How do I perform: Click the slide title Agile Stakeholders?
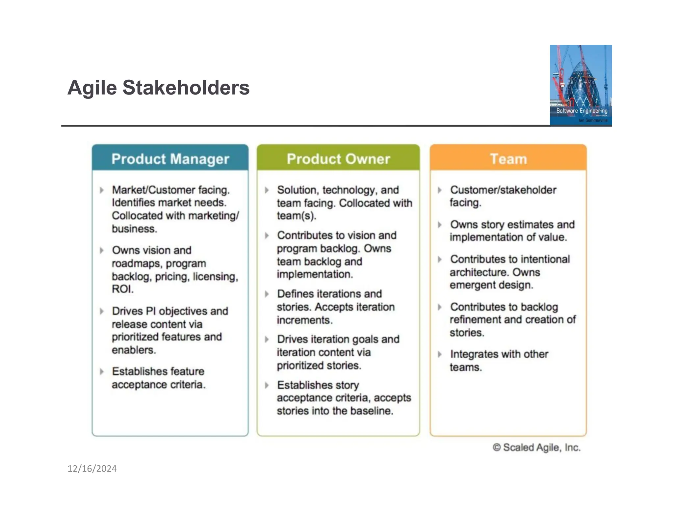(x=158, y=88)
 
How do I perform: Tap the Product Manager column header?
(x=170, y=159)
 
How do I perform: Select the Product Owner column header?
(x=338, y=159)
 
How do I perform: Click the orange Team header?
(x=508, y=159)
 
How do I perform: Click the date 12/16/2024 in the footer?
(x=92, y=469)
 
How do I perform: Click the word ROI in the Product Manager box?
(x=122, y=289)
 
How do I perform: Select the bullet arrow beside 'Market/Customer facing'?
(x=102, y=190)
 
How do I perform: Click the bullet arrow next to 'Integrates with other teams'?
(x=439, y=354)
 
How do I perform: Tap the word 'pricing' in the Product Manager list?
(x=172, y=277)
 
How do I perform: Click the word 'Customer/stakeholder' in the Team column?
(x=503, y=190)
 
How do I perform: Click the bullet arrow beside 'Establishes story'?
(x=267, y=385)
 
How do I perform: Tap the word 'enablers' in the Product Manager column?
(x=133, y=350)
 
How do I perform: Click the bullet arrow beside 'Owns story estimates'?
(x=439, y=225)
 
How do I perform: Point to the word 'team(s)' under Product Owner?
(x=296, y=216)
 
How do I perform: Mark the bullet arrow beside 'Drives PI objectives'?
(x=102, y=311)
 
